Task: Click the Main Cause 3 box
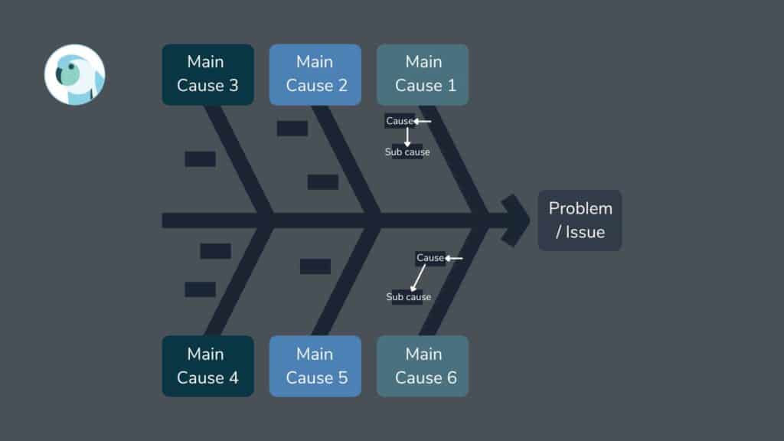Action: point(207,74)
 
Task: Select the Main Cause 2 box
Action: point(315,74)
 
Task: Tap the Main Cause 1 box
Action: point(422,74)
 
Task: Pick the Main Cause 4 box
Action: point(207,366)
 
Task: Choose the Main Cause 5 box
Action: point(315,366)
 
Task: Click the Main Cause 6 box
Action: point(422,366)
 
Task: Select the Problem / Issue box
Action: point(580,220)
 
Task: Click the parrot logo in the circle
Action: point(74,74)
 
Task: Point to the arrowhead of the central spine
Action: point(517,220)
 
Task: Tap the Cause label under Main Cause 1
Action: point(399,121)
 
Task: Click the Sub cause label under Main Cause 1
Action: point(407,152)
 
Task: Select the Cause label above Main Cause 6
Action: point(430,258)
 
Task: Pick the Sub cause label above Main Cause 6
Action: point(408,297)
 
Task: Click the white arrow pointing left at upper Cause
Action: point(423,121)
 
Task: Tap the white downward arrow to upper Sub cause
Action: point(407,136)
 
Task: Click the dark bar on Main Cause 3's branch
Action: point(200,159)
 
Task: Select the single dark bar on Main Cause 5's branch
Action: point(315,266)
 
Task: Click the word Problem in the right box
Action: point(580,208)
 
